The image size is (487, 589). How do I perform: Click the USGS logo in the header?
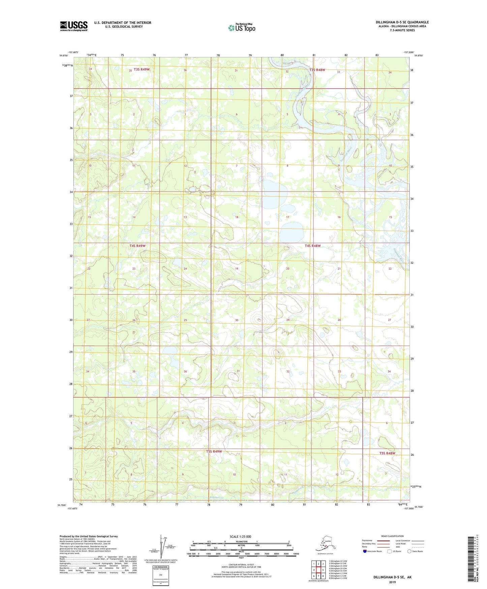(x=74, y=26)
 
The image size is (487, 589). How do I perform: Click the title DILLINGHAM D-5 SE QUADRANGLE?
(x=402, y=22)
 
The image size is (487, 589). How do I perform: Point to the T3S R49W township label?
(x=142, y=69)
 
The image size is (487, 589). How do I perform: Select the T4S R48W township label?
(x=312, y=246)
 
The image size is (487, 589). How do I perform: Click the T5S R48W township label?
(x=387, y=453)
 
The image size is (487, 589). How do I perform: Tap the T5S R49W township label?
(x=214, y=451)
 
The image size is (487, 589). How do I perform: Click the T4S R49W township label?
(x=138, y=246)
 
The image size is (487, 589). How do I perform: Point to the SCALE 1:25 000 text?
(x=240, y=537)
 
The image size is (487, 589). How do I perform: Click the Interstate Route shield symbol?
(x=365, y=551)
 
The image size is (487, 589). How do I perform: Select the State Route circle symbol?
(x=409, y=551)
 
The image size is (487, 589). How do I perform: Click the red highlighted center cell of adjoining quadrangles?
(x=318, y=570)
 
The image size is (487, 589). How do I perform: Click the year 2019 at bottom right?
(x=392, y=582)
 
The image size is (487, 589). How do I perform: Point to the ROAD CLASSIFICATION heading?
(x=392, y=536)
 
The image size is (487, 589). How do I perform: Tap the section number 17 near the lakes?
(x=287, y=217)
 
